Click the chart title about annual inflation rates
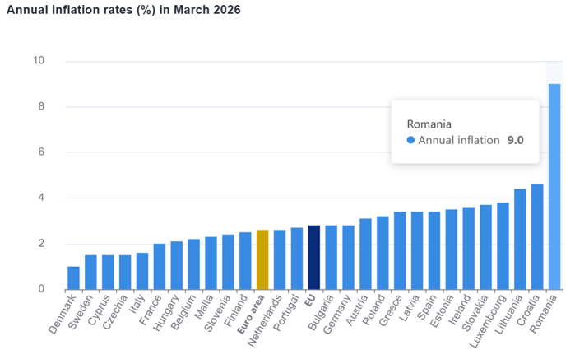[123, 11]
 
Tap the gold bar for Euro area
[262, 259]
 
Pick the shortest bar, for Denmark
[74, 278]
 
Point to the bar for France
[160, 266]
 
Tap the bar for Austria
[365, 254]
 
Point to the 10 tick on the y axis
[39, 61]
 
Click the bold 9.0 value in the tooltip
[515, 140]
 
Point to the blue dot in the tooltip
[410, 140]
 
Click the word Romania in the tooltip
[429, 124]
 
